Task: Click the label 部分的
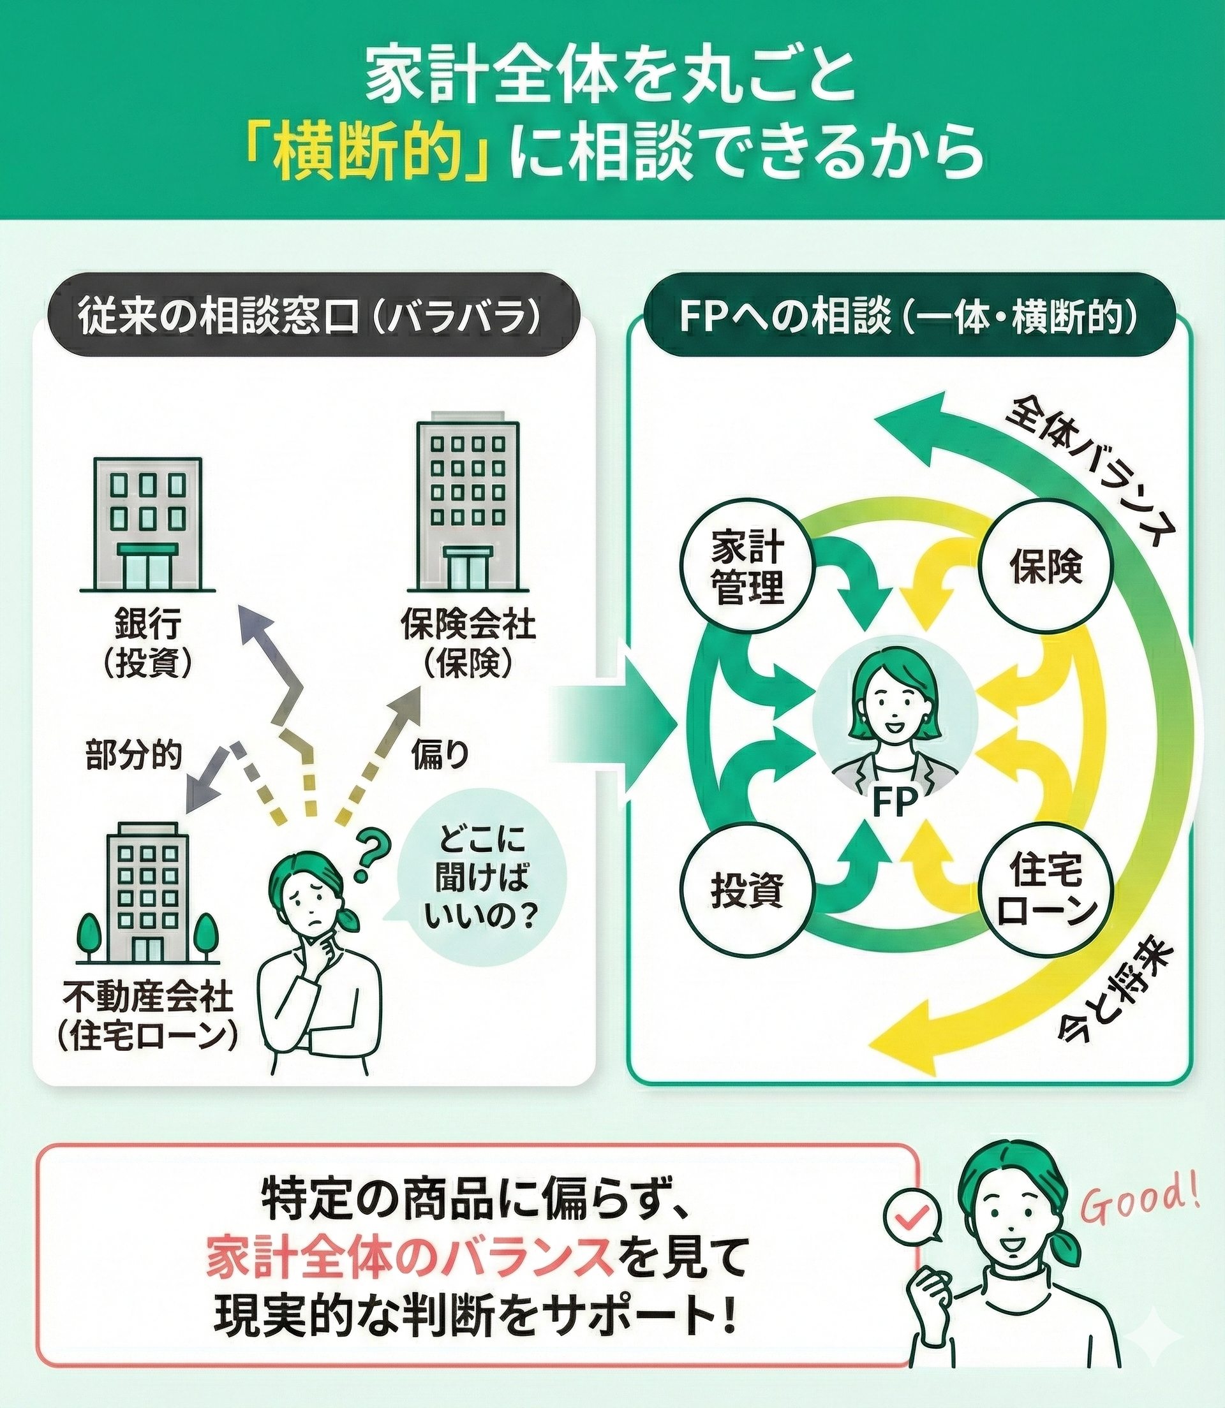[134, 755]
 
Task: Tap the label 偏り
[440, 755]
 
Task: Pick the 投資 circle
[748, 890]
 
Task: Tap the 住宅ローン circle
[1046, 890]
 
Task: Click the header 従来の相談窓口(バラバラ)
[309, 316]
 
